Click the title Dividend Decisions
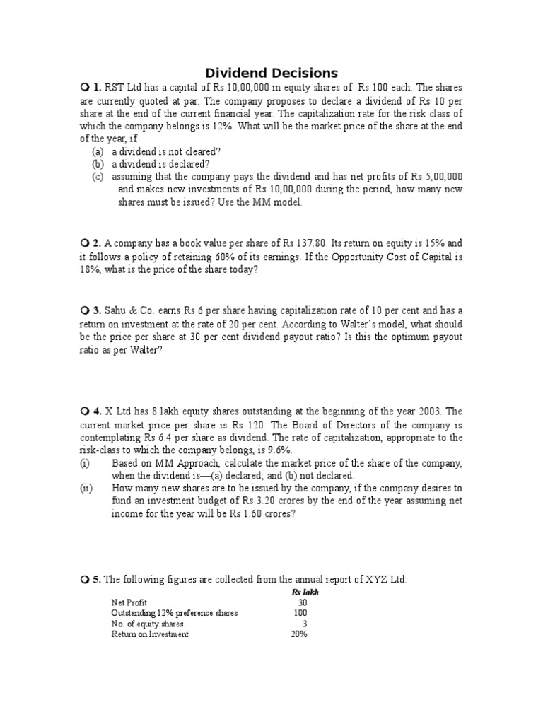click(271, 73)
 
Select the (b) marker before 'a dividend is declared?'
click(98, 164)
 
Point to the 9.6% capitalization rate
click(277, 450)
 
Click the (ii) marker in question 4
click(85, 489)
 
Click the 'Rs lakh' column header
click(305, 592)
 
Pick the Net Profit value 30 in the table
click(303, 602)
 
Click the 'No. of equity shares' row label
click(147, 624)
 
